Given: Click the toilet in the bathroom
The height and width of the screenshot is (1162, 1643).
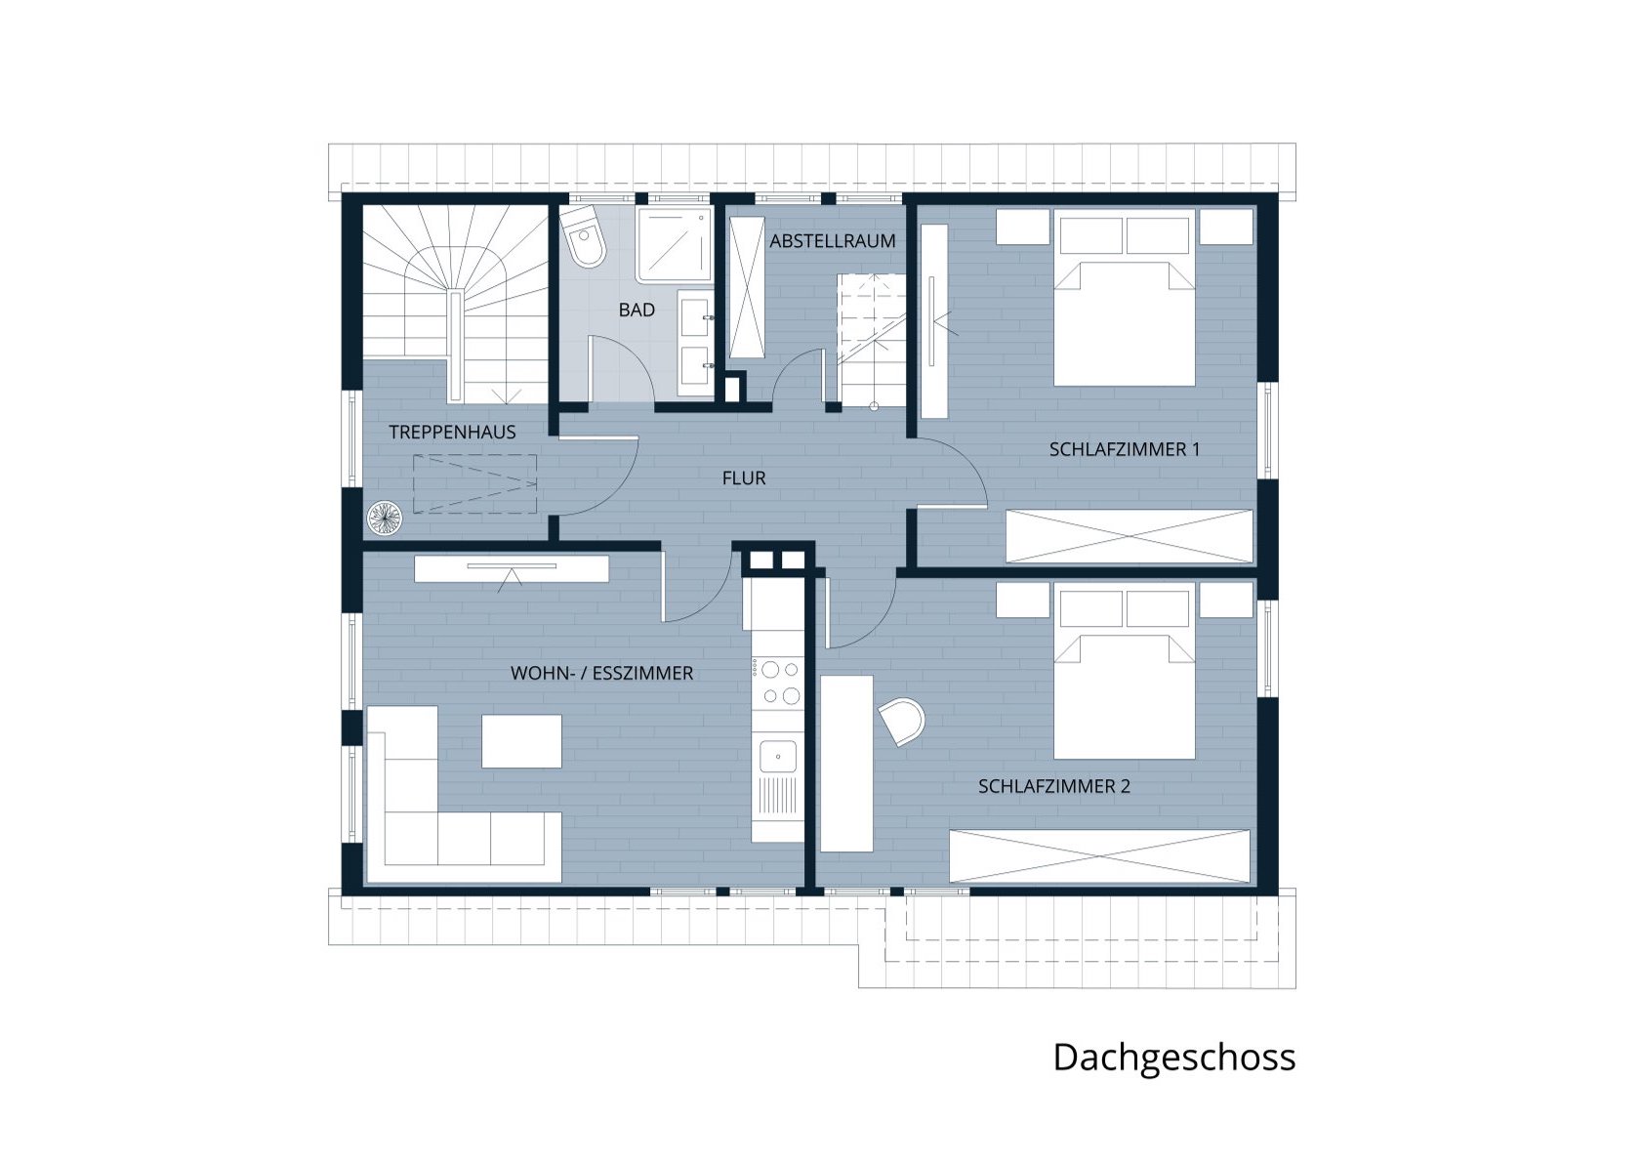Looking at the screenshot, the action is (x=584, y=236).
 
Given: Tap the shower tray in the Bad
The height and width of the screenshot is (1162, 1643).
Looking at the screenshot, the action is (x=675, y=245).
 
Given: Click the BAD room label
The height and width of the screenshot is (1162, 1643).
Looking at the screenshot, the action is (x=637, y=311).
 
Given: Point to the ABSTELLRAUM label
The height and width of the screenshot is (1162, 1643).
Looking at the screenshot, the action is (x=833, y=240).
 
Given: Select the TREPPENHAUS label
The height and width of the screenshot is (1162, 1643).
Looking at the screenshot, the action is (x=453, y=432).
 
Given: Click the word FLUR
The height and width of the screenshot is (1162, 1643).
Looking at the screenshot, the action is (x=744, y=478).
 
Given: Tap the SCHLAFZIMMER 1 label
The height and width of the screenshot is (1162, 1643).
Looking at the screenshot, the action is (x=1125, y=450).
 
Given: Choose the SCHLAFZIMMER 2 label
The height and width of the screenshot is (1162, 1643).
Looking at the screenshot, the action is (x=1054, y=786).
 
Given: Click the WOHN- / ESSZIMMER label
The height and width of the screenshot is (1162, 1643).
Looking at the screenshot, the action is (x=601, y=674).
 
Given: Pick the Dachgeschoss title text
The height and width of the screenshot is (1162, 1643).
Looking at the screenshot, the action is (x=1174, y=1058).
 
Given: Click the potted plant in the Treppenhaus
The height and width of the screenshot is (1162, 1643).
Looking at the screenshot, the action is (x=385, y=519).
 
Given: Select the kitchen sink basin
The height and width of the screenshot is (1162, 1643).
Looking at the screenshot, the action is (x=777, y=757).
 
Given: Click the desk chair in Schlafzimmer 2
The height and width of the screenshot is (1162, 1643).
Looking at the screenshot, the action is (x=902, y=722).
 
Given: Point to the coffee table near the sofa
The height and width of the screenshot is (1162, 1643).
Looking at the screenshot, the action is (x=521, y=742).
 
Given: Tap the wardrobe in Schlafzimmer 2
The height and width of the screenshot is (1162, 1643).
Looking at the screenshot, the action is (x=1099, y=856).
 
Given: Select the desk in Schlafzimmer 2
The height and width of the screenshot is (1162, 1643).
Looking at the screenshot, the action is (x=846, y=764).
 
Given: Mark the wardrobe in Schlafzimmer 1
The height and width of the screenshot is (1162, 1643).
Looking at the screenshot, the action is (x=1129, y=536).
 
